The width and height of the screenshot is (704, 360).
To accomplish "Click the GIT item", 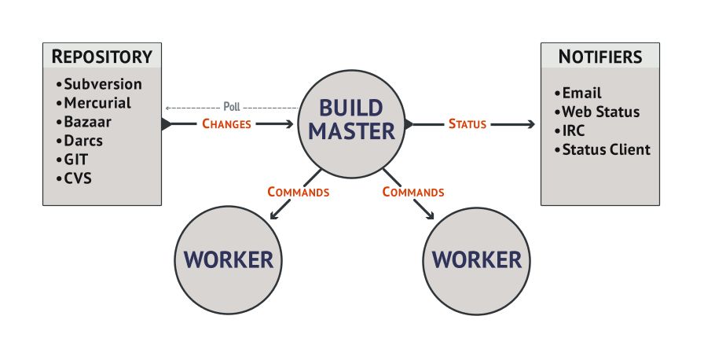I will point(77,160).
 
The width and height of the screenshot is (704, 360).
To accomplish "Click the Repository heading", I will point(101,57).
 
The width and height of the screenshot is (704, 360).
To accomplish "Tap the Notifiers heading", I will point(600,57).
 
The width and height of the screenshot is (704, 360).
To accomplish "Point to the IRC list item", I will point(574,130).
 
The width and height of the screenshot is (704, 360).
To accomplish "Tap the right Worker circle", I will point(476,259).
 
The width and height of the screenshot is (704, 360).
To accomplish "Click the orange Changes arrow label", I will point(226,123).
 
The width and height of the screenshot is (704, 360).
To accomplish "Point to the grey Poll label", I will point(232,107).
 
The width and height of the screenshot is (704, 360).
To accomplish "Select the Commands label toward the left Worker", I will point(298,191).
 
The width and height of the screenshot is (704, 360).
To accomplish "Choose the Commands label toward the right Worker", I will point(412,191).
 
